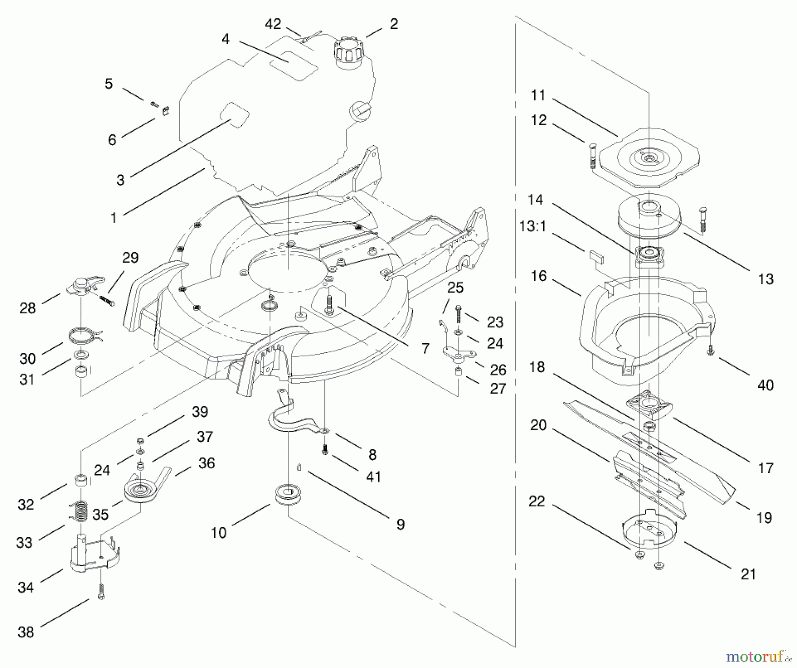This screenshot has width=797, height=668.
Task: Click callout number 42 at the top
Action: pos(273,24)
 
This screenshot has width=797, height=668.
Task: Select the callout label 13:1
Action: pos(533,226)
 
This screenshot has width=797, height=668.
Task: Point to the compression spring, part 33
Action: pos(80,511)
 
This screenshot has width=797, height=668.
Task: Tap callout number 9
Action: pos(400,525)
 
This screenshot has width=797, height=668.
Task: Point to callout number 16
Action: pos(538,276)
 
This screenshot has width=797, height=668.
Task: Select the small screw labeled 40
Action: pos(711,351)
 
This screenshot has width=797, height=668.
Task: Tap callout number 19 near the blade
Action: pos(764,517)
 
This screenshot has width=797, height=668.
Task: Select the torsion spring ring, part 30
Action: pos(84,335)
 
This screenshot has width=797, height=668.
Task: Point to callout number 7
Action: pos(425,349)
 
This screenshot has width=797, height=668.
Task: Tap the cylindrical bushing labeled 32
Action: pos(80,480)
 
